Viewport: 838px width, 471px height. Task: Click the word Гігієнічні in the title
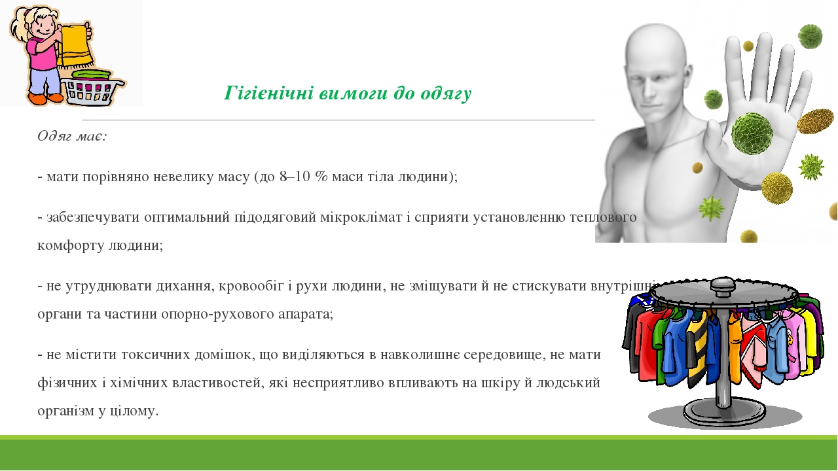point(268,94)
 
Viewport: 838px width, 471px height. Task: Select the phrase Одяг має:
point(72,135)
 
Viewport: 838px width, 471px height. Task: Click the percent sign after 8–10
point(321,177)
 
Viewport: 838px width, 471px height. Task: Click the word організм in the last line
point(65,411)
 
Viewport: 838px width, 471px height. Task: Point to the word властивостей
point(218,383)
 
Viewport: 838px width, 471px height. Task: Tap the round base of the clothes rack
point(725,413)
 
